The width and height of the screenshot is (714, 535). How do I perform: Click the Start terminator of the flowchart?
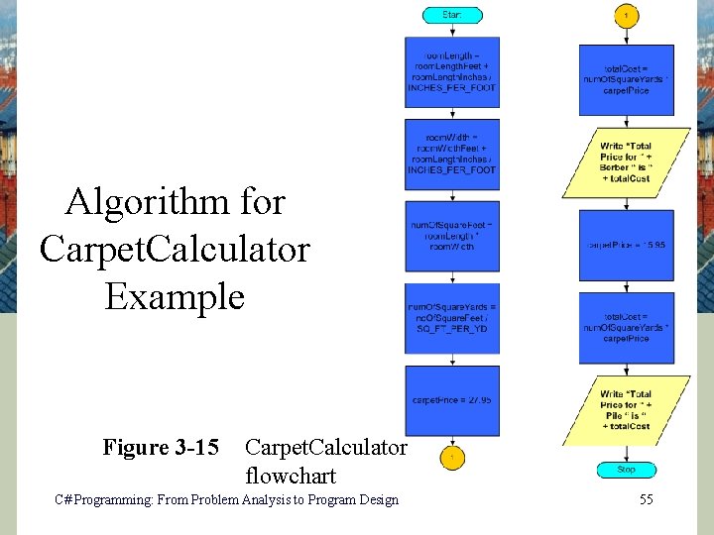[452, 15]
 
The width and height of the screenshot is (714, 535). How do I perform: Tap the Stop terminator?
[626, 470]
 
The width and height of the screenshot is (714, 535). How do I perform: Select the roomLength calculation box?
[452, 72]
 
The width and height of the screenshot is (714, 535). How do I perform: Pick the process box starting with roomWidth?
[452, 154]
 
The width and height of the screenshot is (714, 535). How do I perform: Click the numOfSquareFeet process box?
[452, 236]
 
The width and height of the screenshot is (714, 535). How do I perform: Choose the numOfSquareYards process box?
[452, 318]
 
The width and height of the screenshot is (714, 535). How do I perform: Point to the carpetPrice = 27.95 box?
[452, 400]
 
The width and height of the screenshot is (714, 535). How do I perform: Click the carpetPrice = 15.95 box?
[626, 244]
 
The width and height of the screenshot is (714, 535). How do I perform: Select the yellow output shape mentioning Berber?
[626, 161]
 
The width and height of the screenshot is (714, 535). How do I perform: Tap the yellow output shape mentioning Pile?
[626, 410]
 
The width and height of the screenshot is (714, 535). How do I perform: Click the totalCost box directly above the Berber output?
[626, 80]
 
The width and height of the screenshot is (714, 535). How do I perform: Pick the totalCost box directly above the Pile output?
[626, 328]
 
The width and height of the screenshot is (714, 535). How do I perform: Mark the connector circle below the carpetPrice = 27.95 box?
[452, 458]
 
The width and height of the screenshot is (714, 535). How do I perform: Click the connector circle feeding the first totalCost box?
[626, 16]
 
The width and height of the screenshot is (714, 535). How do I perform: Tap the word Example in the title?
[175, 296]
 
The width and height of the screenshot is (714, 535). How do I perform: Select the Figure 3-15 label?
[161, 448]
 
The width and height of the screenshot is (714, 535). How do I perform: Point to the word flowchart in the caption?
[291, 476]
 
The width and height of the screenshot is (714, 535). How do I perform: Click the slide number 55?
[646, 500]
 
